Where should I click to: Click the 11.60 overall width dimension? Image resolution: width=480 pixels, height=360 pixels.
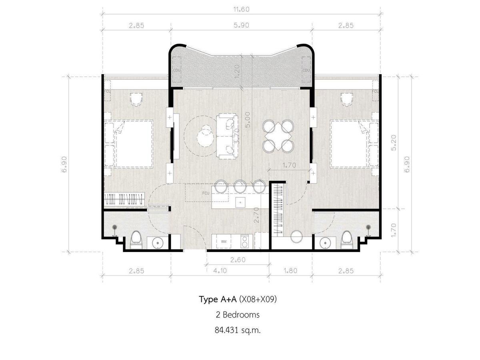[x=242, y=9]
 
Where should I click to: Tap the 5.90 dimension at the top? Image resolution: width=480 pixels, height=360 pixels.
[x=242, y=25]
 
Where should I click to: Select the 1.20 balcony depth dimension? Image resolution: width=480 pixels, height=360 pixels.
[x=237, y=72]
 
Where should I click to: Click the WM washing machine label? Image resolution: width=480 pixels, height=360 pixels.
[x=224, y=242]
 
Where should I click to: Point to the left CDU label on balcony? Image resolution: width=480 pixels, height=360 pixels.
[x=177, y=70]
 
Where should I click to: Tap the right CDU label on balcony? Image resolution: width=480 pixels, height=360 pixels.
[x=306, y=70]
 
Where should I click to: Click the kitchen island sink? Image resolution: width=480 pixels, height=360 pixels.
[x=240, y=202]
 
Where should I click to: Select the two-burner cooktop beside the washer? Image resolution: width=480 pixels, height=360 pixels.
[x=244, y=241]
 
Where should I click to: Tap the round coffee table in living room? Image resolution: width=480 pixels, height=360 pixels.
[x=205, y=137]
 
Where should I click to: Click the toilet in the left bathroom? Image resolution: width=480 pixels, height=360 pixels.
[x=136, y=240]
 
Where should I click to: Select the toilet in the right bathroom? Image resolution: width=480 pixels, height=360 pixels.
[x=347, y=239]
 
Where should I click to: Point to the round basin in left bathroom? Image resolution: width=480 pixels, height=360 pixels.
[x=158, y=243]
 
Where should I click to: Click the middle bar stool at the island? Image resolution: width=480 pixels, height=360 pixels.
[x=240, y=186]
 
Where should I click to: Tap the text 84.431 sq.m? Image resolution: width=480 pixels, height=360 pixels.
[x=238, y=330]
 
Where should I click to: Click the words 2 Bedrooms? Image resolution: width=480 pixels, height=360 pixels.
[x=238, y=315]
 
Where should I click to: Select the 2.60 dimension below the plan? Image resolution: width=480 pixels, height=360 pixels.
[x=238, y=260]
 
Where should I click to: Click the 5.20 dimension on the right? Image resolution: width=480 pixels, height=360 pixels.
[x=394, y=143]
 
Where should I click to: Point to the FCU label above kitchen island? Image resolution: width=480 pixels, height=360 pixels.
[x=206, y=193]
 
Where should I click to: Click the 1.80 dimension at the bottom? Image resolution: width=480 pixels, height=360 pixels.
[x=290, y=271]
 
